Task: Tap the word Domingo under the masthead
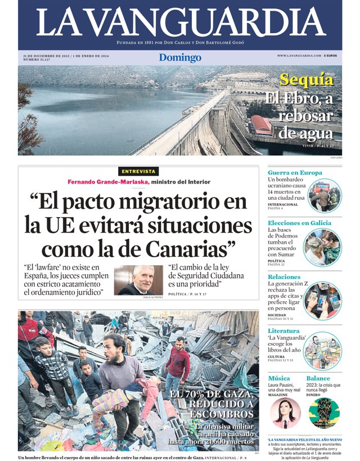click(x=180, y=57)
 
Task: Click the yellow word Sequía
click(x=307, y=80)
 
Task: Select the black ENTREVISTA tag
click(x=138, y=171)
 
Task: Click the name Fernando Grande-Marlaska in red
click(x=108, y=182)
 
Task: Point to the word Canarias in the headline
click(x=185, y=248)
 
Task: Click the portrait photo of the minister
click(x=138, y=280)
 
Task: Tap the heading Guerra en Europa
click(x=295, y=172)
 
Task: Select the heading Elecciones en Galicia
click(x=299, y=223)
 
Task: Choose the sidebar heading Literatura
click(x=284, y=330)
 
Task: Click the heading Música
click(x=279, y=378)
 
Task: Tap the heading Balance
click(x=318, y=378)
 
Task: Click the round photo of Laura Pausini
click(x=285, y=413)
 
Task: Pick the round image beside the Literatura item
click(x=322, y=351)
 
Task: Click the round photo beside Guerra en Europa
click(x=324, y=195)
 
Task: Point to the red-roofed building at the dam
click(x=262, y=125)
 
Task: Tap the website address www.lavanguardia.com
click(x=299, y=56)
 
